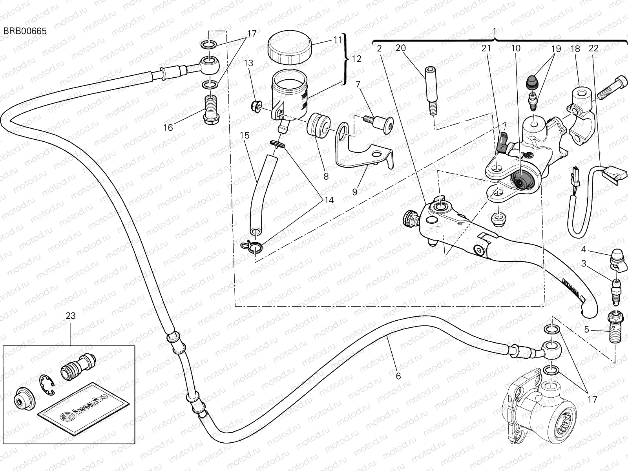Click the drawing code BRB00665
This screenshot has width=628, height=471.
(25, 31)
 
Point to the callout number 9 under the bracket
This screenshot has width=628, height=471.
(354, 192)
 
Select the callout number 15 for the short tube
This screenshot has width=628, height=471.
(245, 136)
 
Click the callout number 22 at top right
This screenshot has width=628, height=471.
(594, 48)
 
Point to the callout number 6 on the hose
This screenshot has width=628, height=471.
(398, 376)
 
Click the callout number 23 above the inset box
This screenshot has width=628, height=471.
(71, 316)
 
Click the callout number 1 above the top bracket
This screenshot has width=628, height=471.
(495, 31)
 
